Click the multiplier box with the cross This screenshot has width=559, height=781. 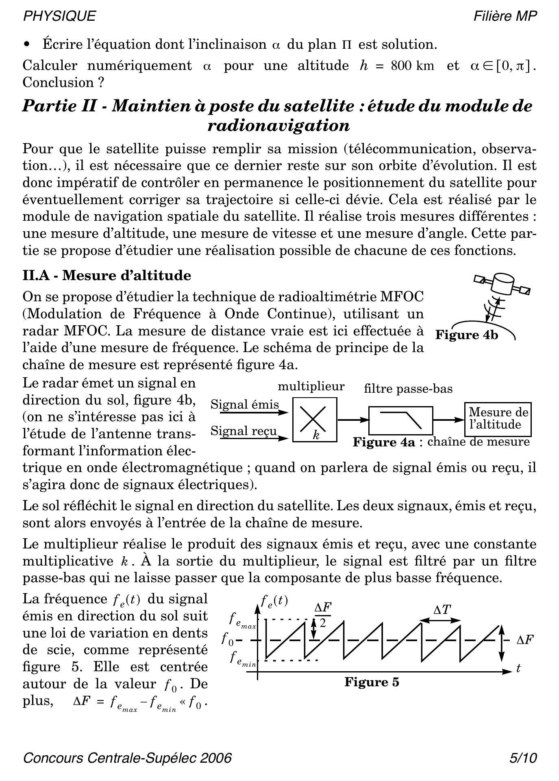[315, 420]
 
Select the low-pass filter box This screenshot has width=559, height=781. [400, 420]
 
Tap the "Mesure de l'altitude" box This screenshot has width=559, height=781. [498, 419]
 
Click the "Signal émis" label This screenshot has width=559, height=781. [245, 405]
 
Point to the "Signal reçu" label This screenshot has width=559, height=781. [244, 431]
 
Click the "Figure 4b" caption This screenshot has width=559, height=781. [467, 335]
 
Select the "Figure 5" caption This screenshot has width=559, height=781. [372, 682]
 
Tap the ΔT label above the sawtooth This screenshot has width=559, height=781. [442, 610]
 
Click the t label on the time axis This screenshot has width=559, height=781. [518, 668]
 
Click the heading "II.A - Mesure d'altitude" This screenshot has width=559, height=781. [107, 276]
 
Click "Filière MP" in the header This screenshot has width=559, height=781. [505, 16]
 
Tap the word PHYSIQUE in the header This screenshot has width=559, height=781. [59, 16]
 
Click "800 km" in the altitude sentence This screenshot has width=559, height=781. [412, 65]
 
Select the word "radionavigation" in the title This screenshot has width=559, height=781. [278, 126]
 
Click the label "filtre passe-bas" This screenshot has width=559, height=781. [408, 389]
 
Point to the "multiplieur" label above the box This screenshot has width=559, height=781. [311, 386]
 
